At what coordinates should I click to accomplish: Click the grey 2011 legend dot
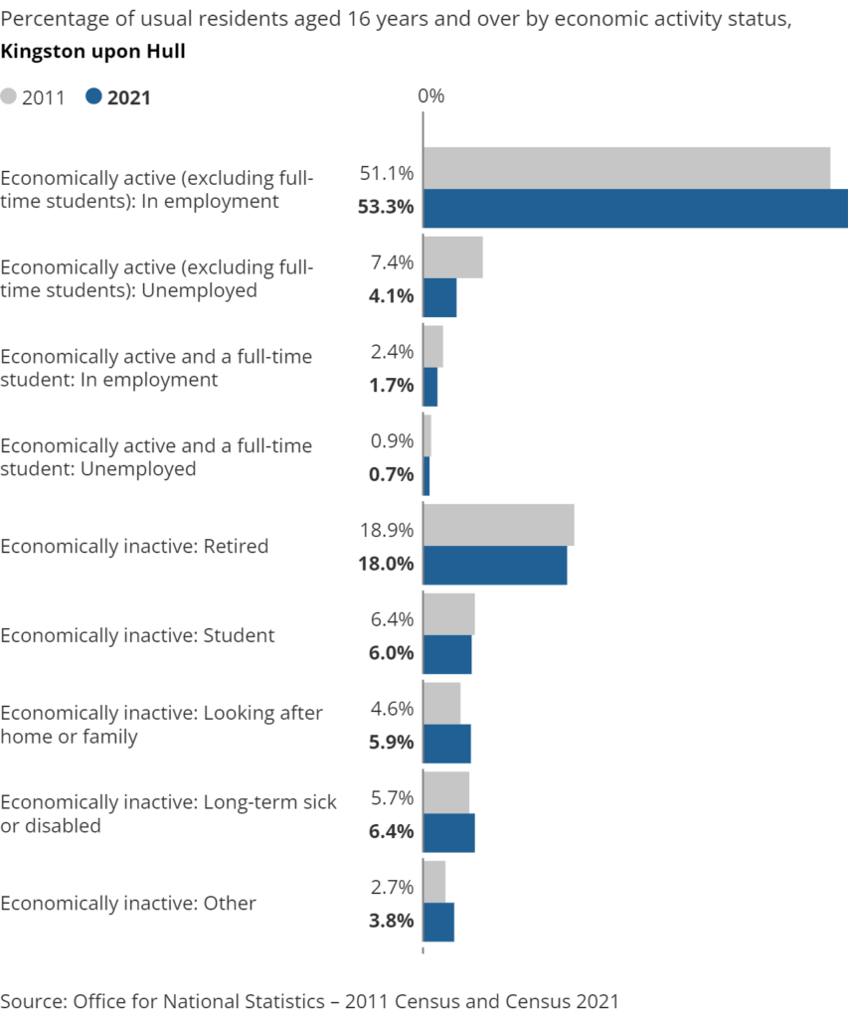10,96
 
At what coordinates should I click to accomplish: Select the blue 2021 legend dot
94,96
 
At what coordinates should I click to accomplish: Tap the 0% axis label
430,96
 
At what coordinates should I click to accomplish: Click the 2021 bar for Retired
495,565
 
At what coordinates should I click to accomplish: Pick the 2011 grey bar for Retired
498,524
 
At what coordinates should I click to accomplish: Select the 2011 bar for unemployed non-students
452,256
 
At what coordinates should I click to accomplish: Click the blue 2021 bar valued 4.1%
439,297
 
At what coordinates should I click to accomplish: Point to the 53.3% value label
385,209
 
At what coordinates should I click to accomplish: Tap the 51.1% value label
387,174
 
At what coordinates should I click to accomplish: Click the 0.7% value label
391,475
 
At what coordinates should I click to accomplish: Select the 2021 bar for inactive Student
447,654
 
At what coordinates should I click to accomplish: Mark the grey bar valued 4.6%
441,702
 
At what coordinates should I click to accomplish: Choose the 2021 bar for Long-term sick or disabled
448,832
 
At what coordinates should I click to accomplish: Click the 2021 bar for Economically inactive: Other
438,922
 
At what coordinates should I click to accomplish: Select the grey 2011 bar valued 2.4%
432,346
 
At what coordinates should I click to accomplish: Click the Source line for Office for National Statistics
309,1000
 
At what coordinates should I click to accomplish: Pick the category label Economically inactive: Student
137,635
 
